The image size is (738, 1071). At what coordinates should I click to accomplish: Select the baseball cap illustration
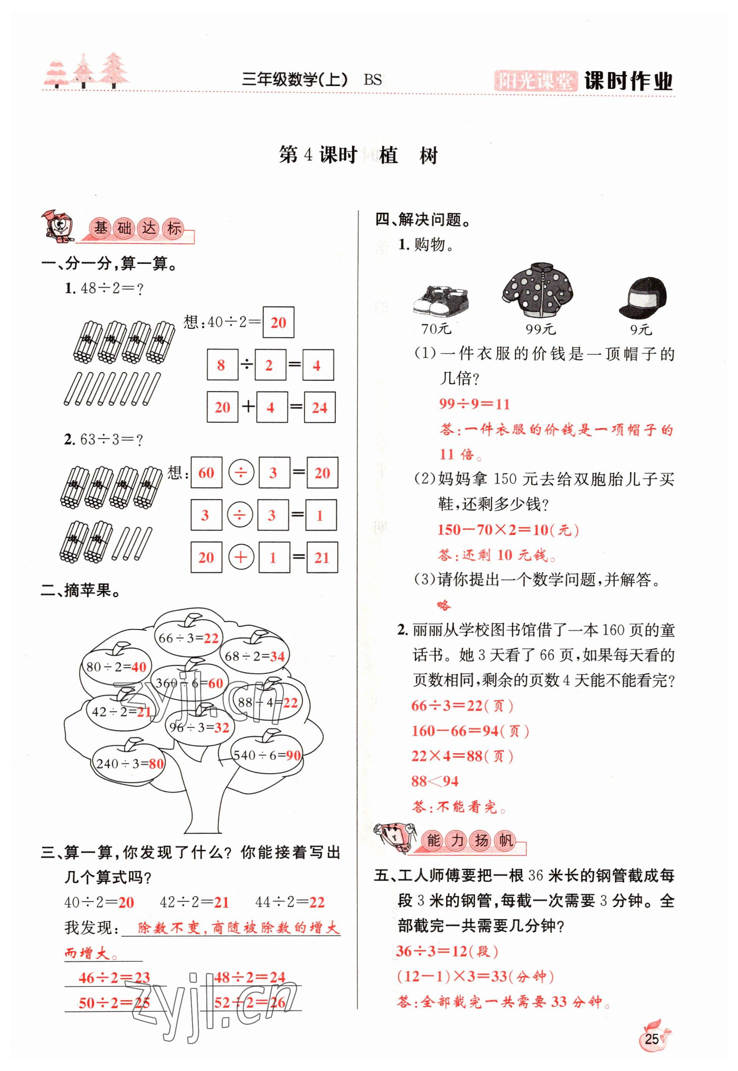pos(643,298)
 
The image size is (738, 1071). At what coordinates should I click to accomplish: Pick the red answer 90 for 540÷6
pos(294,755)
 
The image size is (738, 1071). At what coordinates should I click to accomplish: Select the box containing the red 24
pos(319,407)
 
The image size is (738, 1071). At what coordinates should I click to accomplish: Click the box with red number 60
pos(206,472)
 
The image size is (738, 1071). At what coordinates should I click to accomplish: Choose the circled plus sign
pos(240,557)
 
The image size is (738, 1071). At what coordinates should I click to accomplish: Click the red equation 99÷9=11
pos(474,404)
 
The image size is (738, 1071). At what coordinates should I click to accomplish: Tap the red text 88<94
pos(435,781)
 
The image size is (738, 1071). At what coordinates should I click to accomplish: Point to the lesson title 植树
pos(408,156)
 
